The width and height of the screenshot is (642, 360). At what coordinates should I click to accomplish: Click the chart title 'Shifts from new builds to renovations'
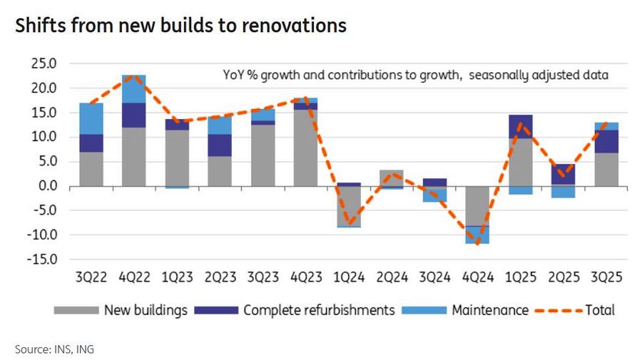[x=180, y=26]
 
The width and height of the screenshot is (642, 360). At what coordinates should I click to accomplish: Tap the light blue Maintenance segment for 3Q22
[x=91, y=118]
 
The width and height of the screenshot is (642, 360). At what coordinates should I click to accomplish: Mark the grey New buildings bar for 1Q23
[x=178, y=158]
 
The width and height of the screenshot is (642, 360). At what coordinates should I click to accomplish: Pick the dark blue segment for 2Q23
[x=220, y=145]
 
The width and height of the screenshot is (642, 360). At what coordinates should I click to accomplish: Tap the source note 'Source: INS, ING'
[x=54, y=349]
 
